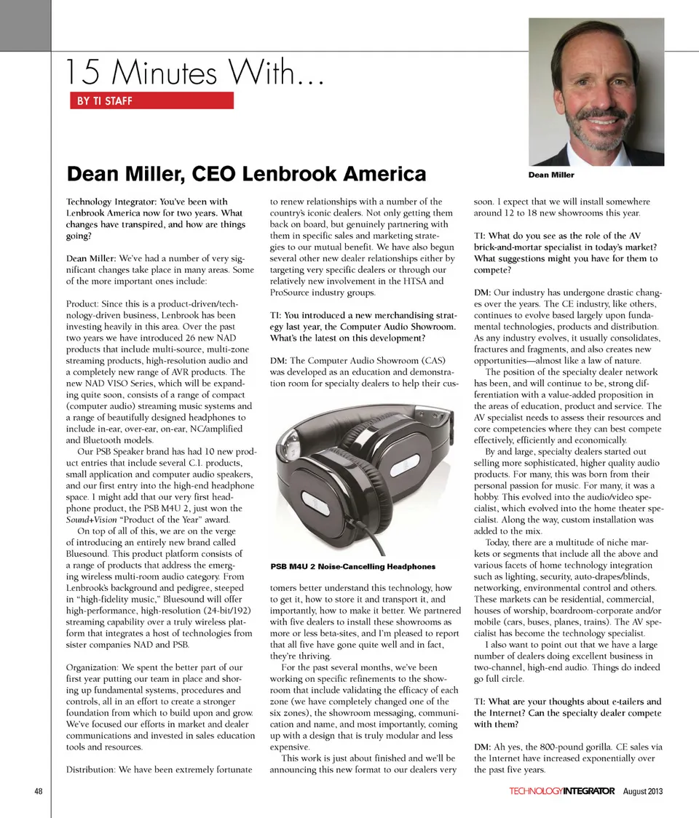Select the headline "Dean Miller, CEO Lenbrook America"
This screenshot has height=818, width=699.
(246, 175)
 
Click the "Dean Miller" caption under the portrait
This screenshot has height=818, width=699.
(551, 175)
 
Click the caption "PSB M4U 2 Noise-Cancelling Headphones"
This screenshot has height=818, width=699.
(353, 565)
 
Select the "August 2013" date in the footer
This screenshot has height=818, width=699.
(643, 791)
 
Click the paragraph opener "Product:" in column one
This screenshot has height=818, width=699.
(84, 303)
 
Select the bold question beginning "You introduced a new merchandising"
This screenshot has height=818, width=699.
(363, 326)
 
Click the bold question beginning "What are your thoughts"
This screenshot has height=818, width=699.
(567, 712)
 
